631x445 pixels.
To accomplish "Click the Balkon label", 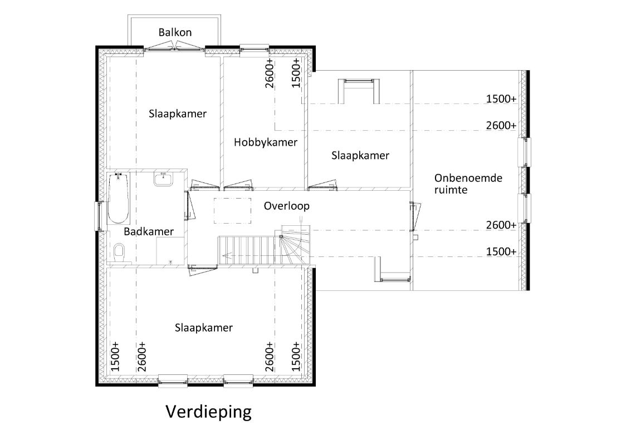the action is click(175, 32).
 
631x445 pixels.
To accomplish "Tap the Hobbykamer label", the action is click(265, 142).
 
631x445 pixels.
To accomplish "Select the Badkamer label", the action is click(149, 231).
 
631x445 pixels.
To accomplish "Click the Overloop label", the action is click(286, 206).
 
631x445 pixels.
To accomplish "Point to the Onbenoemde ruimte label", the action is click(468, 184).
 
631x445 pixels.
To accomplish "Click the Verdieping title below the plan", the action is click(208, 412).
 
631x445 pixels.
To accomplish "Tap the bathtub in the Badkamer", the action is click(118, 198).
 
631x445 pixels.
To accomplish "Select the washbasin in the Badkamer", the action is click(163, 179).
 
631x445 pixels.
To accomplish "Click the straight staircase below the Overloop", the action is click(247, 250).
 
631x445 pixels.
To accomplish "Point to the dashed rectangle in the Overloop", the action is click(232, 211).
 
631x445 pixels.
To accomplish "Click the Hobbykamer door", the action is click(238, 185).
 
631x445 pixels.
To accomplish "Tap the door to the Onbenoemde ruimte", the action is click(415, 217).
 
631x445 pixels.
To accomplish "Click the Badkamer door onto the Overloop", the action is click(189, 205).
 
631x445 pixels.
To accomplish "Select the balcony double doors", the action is click(174, 48).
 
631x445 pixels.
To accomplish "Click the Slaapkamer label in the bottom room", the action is click(204, 328).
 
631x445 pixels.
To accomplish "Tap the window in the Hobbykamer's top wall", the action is click(255, 48).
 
